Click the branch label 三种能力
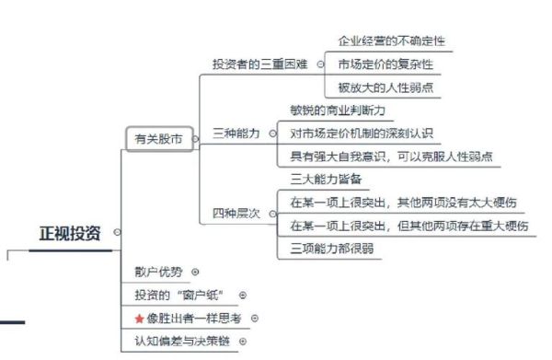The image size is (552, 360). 236,133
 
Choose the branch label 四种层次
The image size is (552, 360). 236,213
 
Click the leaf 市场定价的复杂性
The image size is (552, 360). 385,64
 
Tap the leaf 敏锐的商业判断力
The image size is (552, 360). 337,110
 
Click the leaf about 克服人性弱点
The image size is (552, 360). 391,156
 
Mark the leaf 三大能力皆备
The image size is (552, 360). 327,179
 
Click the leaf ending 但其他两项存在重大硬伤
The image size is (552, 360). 408,225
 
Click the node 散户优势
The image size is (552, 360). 158,272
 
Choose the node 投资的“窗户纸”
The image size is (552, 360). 180,295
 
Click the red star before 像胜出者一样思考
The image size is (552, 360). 139,319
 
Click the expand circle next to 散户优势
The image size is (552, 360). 195,272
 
